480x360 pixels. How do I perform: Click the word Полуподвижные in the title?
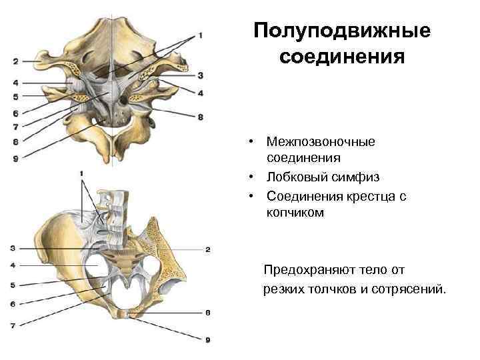click(342, 31)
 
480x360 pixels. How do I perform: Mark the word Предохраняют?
click(310, 270)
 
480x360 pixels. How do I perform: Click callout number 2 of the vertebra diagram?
click(15, 62)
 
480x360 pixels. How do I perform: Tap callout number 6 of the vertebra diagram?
click(15, 113)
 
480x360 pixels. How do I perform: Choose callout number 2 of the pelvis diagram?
click(208, 249)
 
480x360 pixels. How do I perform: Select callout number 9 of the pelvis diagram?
click(208, 339)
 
